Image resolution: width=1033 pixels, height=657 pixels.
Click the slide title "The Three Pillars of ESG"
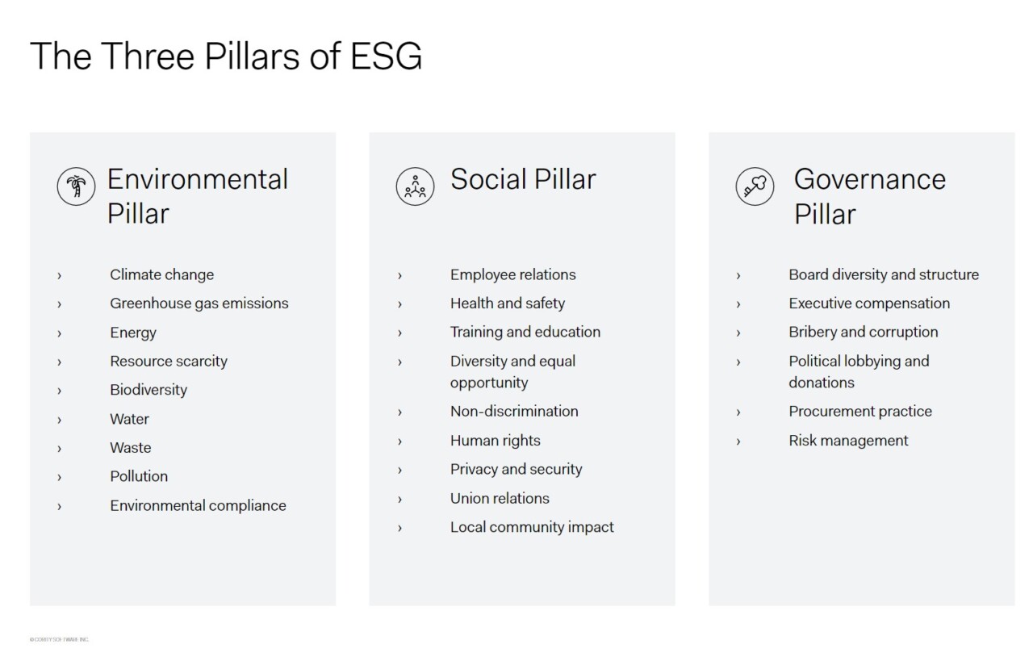[226, 56]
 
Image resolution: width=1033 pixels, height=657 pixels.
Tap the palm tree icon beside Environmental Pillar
[76, 186]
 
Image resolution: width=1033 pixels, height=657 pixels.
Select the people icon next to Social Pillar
[416, 186]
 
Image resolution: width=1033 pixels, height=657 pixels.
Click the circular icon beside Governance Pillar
[755, 186]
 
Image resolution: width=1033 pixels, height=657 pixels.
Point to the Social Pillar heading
[523, 179]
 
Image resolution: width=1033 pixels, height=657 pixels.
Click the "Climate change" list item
[161, 274]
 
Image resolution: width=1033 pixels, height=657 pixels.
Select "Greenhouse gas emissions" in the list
[199, 303]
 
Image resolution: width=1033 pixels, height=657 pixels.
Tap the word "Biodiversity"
[148, 390]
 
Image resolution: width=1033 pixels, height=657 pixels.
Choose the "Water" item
[129, 419]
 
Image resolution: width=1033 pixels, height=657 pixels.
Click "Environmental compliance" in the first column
[198, 506]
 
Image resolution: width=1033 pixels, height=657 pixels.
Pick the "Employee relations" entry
[512, 274]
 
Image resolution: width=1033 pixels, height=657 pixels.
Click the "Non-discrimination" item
[514, 412]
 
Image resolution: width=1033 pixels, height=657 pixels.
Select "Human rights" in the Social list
[495, 441]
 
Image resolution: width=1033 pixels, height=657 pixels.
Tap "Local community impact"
[532, 527]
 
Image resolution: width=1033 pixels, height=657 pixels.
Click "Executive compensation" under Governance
[869, 303]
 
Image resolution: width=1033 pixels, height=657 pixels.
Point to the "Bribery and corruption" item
[863, 332]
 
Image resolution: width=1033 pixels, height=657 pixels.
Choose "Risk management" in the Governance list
[848, 441]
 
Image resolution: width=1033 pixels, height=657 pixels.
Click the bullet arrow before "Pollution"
[59, 477]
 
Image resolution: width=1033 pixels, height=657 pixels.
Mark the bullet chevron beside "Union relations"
[399, 499]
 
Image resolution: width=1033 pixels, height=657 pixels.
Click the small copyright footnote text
[60, 639]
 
